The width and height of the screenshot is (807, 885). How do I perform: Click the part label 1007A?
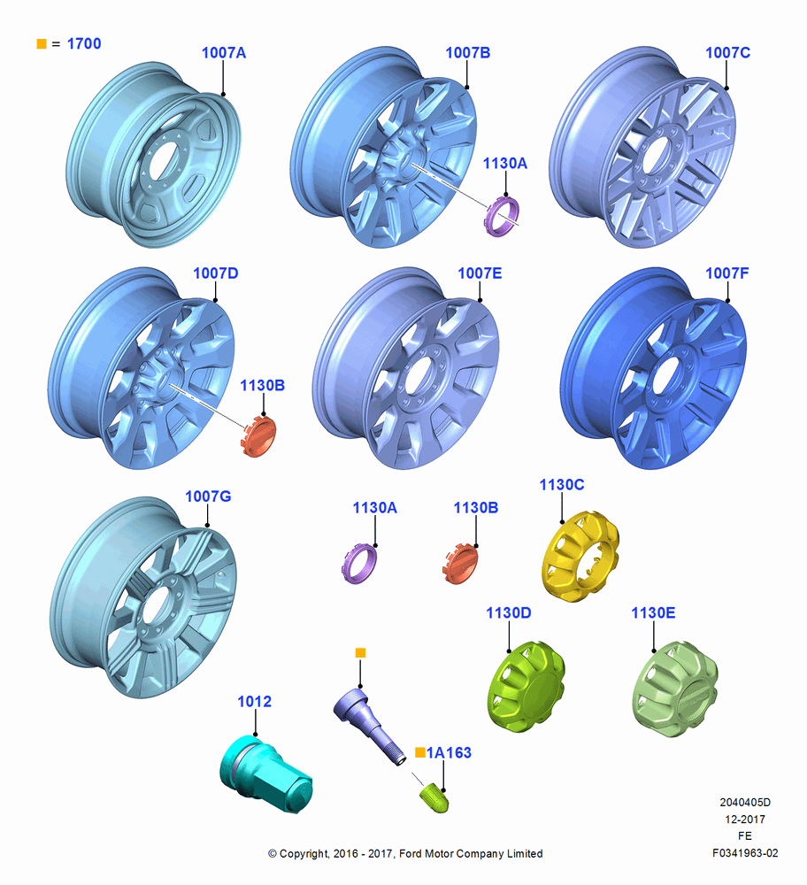[224, 52]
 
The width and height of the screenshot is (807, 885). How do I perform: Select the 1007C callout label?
[728, 52]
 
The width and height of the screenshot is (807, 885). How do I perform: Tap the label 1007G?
[208, 496]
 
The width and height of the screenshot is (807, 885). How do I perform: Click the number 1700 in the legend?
[84, 43]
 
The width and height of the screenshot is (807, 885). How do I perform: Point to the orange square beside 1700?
[42, 43]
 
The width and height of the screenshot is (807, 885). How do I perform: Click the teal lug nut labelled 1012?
[265, 773]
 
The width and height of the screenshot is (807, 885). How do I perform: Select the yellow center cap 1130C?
[580, 556]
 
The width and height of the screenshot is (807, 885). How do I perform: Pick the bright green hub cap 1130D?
[526, 687]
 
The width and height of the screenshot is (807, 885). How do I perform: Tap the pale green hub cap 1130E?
[675, 688]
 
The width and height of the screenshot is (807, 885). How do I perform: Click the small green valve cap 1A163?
[434, 797]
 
